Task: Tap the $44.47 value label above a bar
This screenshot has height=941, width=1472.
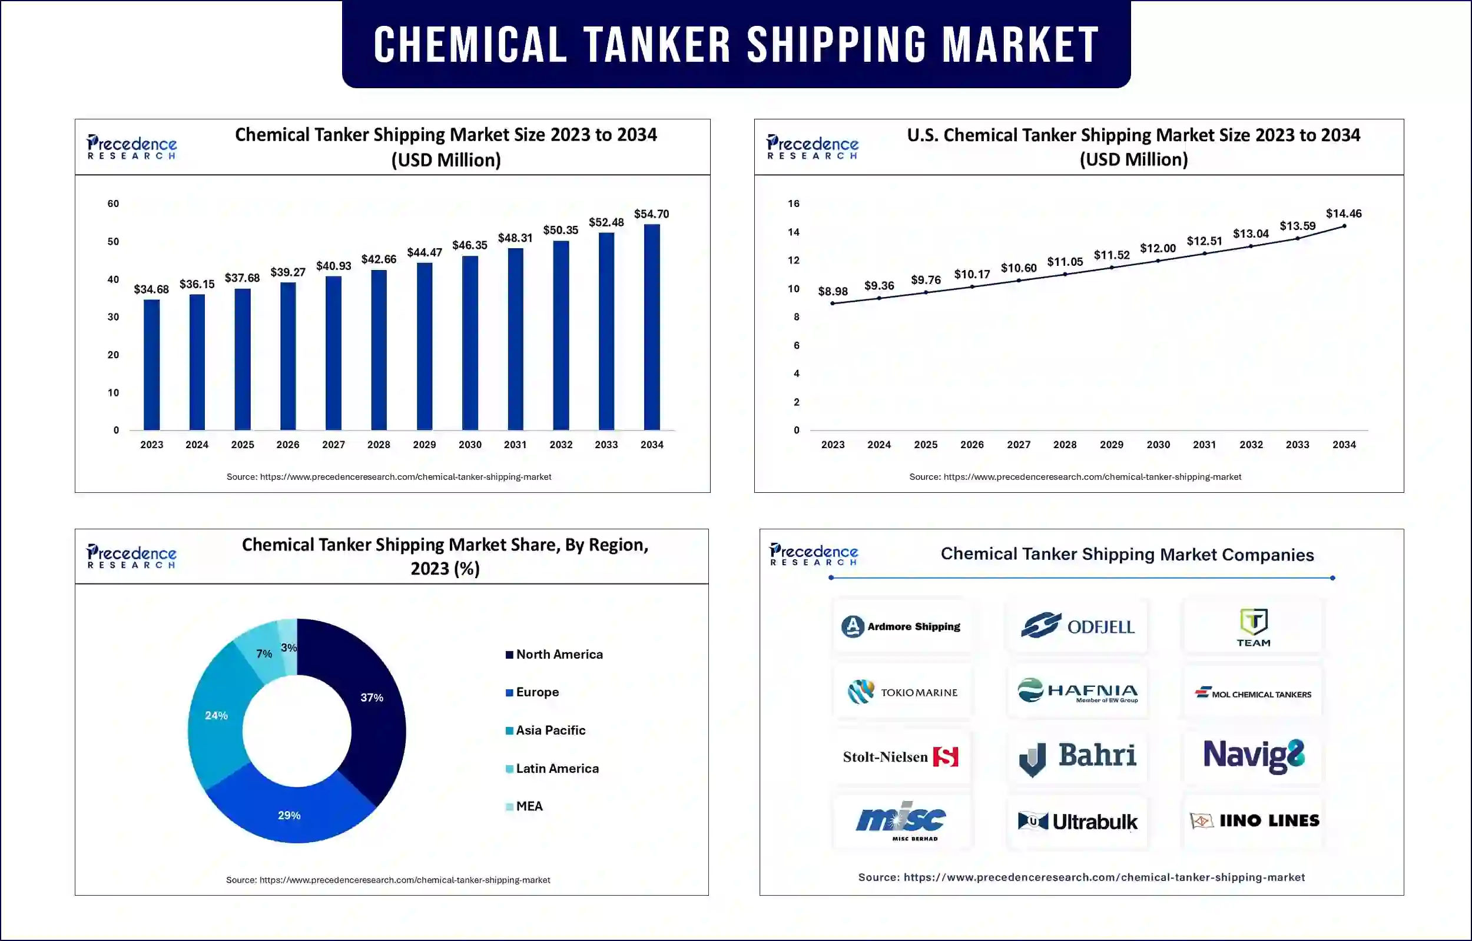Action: click(425, 252)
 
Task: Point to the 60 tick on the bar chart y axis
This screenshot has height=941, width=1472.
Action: click(113, 203)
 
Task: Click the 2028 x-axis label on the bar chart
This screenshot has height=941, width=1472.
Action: click(379, 445)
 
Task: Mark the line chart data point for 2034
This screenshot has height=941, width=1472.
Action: click(1344, 226)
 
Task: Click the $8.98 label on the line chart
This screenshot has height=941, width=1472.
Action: click(833, 292)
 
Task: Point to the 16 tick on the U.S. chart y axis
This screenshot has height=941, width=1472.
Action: click(793, 203)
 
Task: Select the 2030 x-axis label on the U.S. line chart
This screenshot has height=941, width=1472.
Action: click(1158, 445)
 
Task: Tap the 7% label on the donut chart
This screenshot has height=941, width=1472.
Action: click(264, 654)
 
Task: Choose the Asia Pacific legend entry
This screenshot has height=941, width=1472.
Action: click(550, 730)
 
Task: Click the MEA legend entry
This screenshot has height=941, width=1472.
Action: click(528, 806)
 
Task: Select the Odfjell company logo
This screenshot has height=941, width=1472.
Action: click(1077, 626)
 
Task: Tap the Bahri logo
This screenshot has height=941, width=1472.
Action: click(1077, 757)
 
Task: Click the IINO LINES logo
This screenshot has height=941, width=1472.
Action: click(1254, 820)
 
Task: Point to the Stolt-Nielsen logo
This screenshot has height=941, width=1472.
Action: click(900, 757)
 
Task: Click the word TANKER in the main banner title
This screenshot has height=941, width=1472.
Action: click(657, 45)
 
